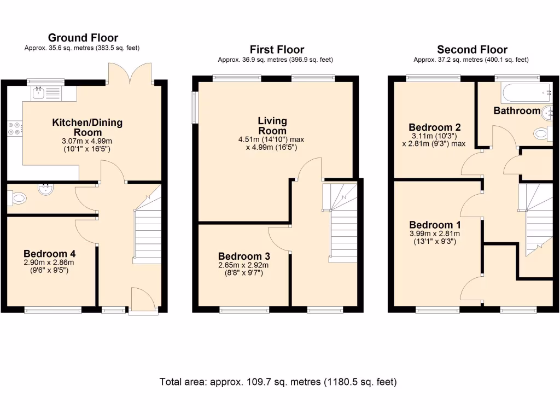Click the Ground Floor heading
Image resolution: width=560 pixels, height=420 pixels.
click(83, 38)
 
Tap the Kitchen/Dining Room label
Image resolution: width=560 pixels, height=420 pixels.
click(87, 127)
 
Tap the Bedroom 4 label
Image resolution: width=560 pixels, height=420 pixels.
click(49, 254)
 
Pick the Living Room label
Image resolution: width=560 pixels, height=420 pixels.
click(272, 126)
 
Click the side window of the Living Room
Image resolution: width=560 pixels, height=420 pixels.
click(194, 107)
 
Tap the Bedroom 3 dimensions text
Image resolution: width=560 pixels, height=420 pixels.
click(244, 269)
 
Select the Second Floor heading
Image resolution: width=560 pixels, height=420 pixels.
click(471, 50)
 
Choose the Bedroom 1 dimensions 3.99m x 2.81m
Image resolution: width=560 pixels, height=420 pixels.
click(435, 234)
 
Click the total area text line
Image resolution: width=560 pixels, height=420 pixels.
click(278, 382)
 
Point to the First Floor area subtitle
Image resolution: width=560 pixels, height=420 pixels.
click(275, 60)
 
